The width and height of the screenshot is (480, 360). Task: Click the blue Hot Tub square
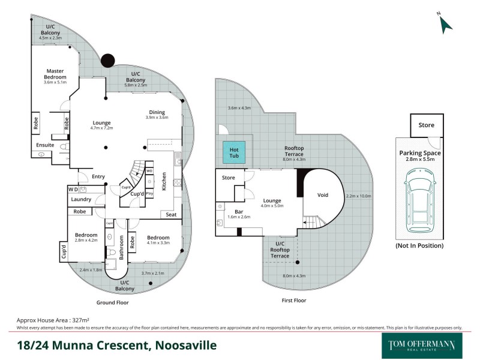[234, 152]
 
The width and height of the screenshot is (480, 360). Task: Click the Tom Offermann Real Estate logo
[422, 346]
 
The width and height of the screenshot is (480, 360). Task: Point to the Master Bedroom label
[55, 74]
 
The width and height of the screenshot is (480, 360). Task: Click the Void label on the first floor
[323, 195]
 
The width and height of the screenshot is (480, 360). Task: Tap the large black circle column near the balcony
[107, 61]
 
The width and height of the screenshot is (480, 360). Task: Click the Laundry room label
[80, 199]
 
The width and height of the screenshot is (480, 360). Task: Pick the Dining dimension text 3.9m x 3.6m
[157, 118]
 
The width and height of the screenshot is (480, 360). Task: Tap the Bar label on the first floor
[230, 211]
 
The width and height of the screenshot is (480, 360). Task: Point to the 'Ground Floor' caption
[112, 302]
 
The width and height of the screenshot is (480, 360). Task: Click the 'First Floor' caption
[293, 300]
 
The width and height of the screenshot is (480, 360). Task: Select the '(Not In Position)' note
[419, 245]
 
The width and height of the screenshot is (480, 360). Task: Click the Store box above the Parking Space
[427, 125]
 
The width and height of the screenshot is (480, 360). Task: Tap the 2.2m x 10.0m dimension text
[360, 196]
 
